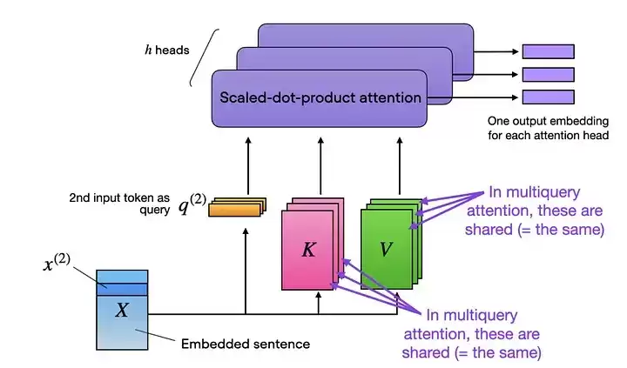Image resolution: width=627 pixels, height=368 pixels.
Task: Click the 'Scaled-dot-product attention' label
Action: coord(320,97)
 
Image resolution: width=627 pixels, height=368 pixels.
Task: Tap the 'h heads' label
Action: coord(166,50)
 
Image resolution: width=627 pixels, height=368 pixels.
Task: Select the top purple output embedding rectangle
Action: coord(549,51)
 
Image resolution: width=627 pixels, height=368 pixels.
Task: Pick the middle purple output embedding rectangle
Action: coord(549,75)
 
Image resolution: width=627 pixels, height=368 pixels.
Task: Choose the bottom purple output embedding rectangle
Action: coord(549,97)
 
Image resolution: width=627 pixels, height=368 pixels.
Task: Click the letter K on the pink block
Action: coord(308,250)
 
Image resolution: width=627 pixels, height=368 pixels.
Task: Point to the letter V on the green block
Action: coord(386,250)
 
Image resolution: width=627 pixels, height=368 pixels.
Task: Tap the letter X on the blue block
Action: coord(122,310)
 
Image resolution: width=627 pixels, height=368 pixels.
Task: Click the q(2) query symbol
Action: coord(192,204)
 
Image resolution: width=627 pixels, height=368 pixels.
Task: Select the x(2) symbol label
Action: coord(57,263)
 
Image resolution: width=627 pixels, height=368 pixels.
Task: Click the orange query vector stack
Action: coord(237,207)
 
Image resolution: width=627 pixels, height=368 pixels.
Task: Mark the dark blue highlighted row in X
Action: coord(122,290)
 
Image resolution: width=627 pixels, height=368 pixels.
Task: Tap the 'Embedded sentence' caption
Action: coord(246,344)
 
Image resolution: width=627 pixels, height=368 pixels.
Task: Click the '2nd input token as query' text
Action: coord(119,204)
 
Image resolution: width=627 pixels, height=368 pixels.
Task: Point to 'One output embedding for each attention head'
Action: coord(548,128)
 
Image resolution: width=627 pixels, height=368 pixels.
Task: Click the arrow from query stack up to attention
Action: coord(248,166)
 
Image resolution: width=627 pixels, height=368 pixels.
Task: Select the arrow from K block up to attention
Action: coord(320,166)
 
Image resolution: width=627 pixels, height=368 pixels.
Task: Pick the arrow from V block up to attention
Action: coord(400,166)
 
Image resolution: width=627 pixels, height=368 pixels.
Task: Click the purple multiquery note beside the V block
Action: coord(534,211)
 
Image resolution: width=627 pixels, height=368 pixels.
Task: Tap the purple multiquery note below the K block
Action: coord(471,334)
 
